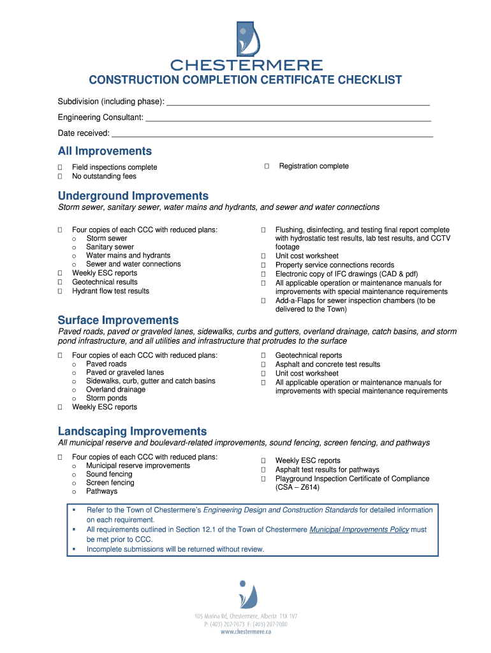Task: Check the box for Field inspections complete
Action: click(x=60, y=168)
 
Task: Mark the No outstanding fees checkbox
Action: click(x=60, y=177)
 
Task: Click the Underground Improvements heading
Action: click(x=133, y=196)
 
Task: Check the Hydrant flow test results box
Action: click(x=60, y=291)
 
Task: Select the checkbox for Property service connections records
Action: click(x=263, y=265)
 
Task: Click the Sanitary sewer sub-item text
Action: click(x=110, y=247)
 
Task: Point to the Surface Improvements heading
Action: click(x=118, y=320)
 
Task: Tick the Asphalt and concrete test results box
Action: click(x=263, y=365)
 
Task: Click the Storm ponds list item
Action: click(x=106, y=399)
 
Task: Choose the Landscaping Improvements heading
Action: click(x=132, y=431)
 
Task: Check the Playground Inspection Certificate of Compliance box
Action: click(x=263, y=479)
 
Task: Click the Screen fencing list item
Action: click(x=110, y=483)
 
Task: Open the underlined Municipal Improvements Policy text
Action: click(x=359, y=530)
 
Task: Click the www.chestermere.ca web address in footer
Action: click(x=246, y=632)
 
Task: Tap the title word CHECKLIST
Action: click(x=369, y=80)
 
